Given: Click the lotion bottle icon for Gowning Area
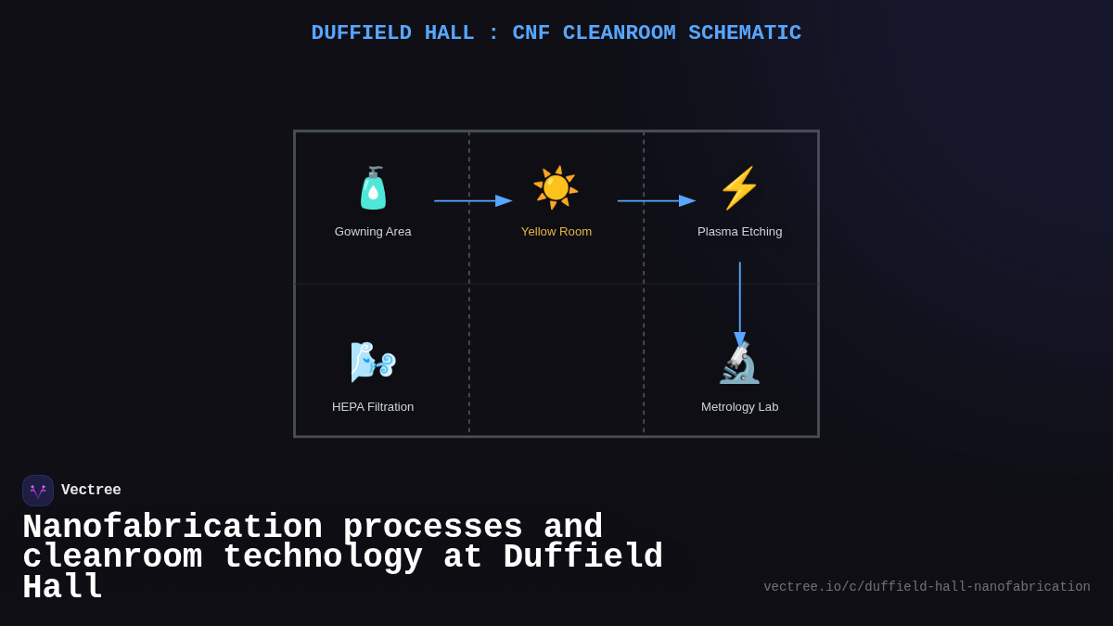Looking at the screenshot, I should click(373, 188).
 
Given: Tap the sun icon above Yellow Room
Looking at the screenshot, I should click(556, 188).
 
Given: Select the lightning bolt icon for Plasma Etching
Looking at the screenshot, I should click(739, 188).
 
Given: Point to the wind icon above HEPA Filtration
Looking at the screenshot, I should click(373, 362).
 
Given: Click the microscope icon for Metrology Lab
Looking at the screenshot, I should click(739, 364).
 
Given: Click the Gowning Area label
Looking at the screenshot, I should click(373, 231).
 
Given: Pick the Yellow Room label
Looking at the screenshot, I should click(556, 231).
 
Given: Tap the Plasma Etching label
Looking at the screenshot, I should click(739, 231).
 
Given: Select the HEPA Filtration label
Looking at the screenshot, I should click(373, 406).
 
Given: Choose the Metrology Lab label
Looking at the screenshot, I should click(739, 406).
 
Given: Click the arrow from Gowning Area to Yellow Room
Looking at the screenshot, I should click(472, 200).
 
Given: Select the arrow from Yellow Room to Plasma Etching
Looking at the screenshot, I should click(656, 200).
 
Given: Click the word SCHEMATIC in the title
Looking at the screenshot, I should click(745, 33).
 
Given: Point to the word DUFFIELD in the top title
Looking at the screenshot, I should click(361, 33).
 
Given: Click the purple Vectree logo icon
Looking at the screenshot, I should click(38, 491).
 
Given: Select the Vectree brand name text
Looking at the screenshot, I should click(91, 491).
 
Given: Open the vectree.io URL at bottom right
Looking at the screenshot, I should click(927, 587).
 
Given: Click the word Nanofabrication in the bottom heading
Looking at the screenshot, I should click(173, 528).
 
